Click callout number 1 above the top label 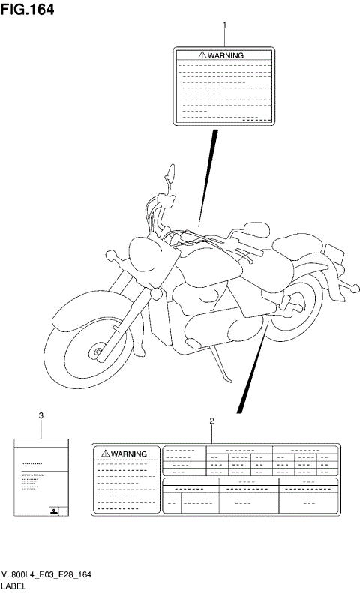224,25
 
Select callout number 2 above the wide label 212,421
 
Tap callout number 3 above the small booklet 41,415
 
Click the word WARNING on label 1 226,55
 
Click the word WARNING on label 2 129,454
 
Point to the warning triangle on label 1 202,55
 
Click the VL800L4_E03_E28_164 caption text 46,574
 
